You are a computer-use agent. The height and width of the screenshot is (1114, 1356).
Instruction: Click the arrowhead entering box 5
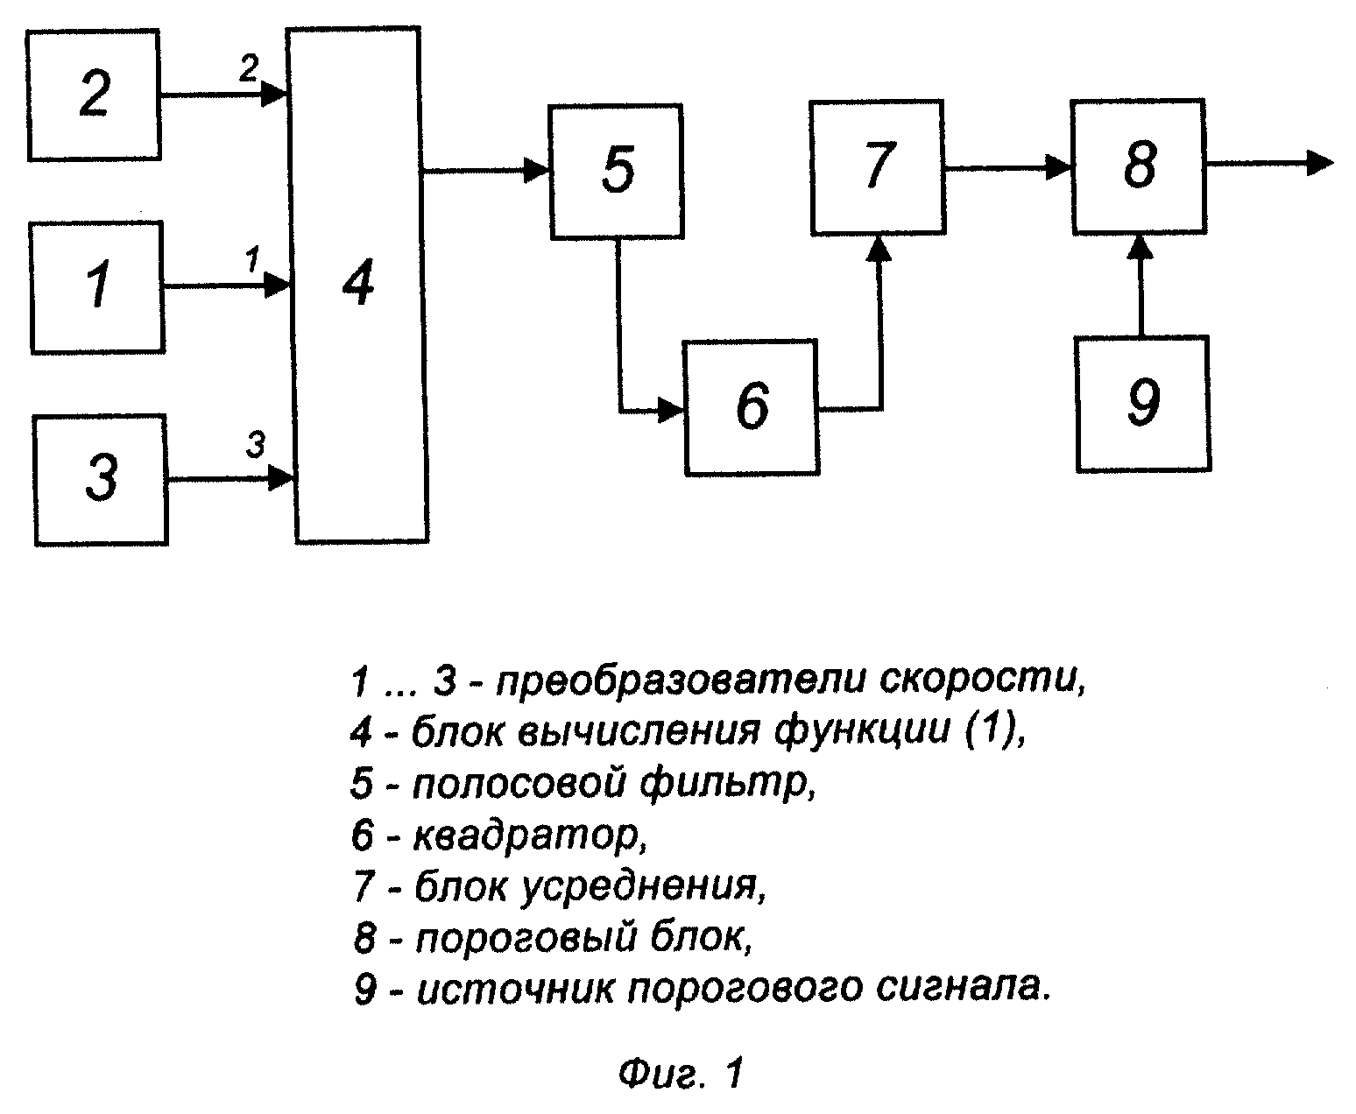[536, 171]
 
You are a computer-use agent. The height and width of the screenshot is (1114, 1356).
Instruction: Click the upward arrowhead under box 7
[879, 249]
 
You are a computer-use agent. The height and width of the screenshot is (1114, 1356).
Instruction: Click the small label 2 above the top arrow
[249, 67]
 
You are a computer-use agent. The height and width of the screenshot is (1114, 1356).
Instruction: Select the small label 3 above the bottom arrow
[256, 444]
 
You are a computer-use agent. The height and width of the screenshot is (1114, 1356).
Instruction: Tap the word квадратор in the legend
[530, 835]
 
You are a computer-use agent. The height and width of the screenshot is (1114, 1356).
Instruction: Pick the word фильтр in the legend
[728, 784]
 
